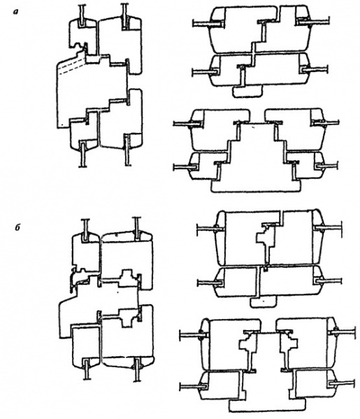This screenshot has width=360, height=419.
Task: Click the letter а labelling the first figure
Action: click(x=17, y=12)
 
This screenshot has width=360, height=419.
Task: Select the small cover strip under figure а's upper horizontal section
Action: click(x=247, y=92)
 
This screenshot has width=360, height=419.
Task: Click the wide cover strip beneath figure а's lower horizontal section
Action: click(x=256, y=186)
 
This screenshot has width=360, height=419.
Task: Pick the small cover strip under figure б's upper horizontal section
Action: click(x=264, y=301)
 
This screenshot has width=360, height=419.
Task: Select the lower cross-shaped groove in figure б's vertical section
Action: click(x=127, y=317)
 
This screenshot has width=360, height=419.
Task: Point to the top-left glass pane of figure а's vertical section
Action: click(x=82, y=15)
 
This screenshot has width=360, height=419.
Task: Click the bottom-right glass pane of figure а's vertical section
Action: click(x=127, y=150)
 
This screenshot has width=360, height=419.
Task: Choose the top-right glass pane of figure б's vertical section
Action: click(x=137, y=229)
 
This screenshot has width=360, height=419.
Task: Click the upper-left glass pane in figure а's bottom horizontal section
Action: click(x=188, y=123)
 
